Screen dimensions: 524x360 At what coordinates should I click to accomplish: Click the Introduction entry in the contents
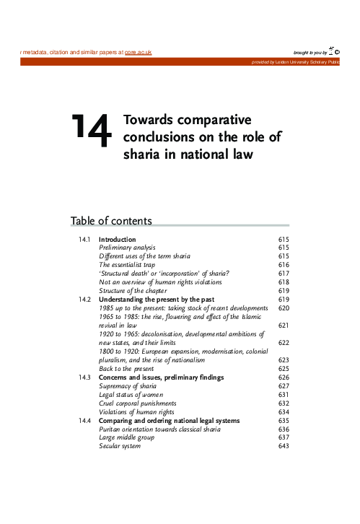(118, 239)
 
